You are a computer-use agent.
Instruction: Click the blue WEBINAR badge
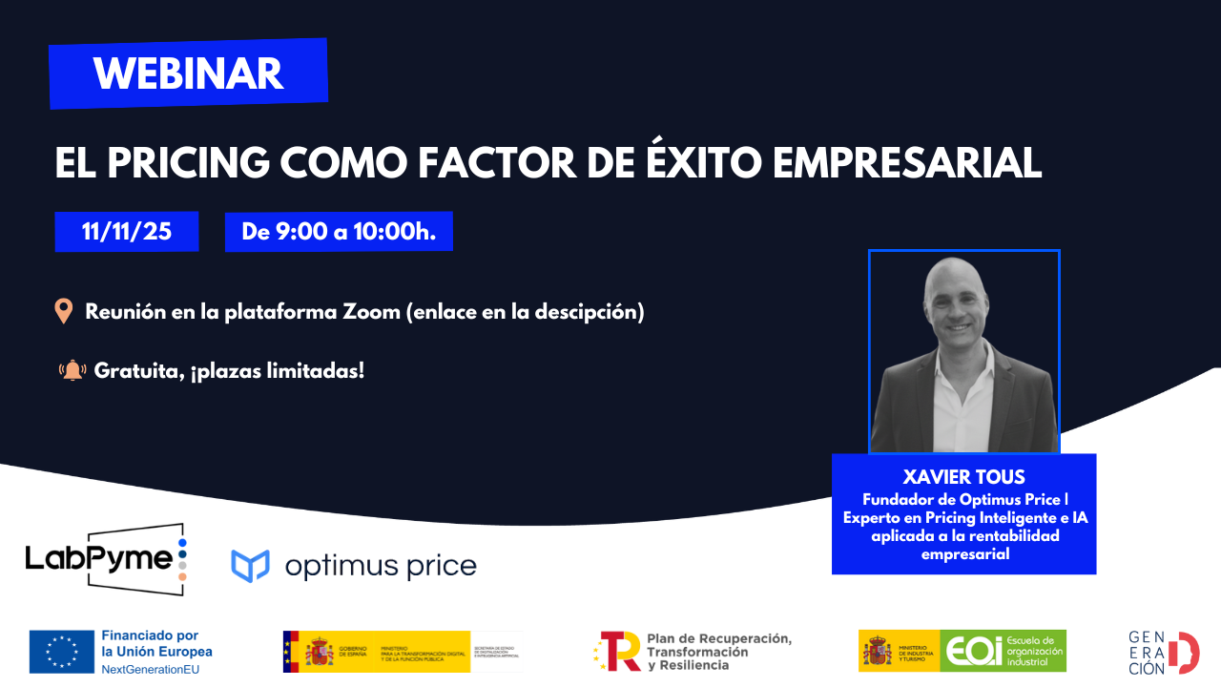pos(188,73)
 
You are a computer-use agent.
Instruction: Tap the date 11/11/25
pos(127,231)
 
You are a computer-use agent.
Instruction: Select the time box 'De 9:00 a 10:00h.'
pos(339,232)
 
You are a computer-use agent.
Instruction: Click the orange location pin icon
pos(64,311)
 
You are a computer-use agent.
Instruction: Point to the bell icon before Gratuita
pos(72,370)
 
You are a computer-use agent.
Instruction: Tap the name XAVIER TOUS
pos(963,477)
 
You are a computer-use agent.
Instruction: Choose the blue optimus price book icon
pos(250,566)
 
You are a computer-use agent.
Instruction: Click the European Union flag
pos(62,651)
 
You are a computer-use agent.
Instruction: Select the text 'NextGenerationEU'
pos(150,669)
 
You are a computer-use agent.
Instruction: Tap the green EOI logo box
pos(1003,651)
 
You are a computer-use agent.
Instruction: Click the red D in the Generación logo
pos(1185,652)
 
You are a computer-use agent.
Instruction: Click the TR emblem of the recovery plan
pos(618,651)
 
